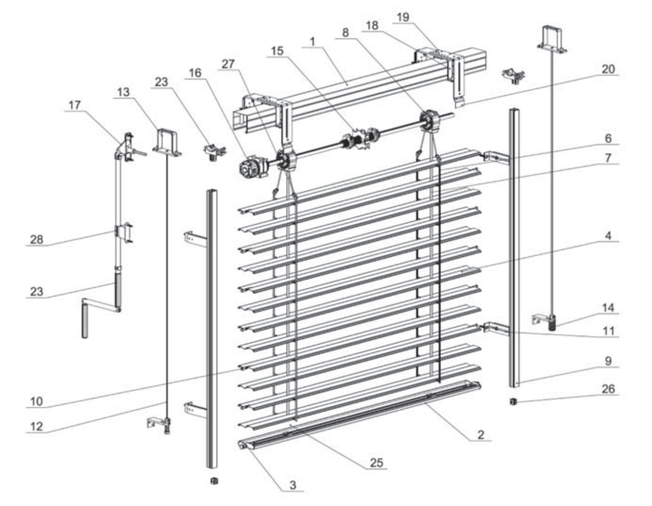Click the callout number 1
tap(313, 42)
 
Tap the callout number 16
tap(195, 73)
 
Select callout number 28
tap(37, 239)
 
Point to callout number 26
tap(608, 389)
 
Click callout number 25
tap(376, 462)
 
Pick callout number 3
tap(293, 485)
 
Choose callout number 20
tap(608, 69)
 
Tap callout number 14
tap(608, 308)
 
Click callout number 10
tap(37, 401)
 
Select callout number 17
tap(75, 105)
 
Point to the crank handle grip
tap(85, 321)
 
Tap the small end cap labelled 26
tap(513, 402)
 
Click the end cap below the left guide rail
tap(214, 481)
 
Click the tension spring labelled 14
tap(552, 324)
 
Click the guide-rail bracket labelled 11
tap(494, 327)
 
